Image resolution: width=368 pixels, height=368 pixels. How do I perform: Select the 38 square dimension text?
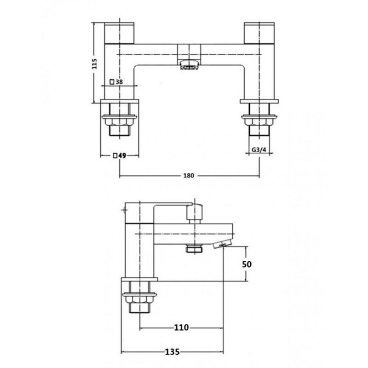(x=119, y=82)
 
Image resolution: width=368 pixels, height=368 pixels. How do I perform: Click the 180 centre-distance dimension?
(x=189, y=175)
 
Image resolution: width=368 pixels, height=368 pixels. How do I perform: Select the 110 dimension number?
(x=182, y=328)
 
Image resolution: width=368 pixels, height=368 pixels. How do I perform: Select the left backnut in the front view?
(x=120, y=119)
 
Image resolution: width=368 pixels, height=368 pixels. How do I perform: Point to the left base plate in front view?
(x=120, y=100)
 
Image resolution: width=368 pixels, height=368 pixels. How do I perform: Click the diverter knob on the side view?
(x=195, y=213)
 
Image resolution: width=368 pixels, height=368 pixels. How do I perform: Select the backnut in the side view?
(x=139, y=299)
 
